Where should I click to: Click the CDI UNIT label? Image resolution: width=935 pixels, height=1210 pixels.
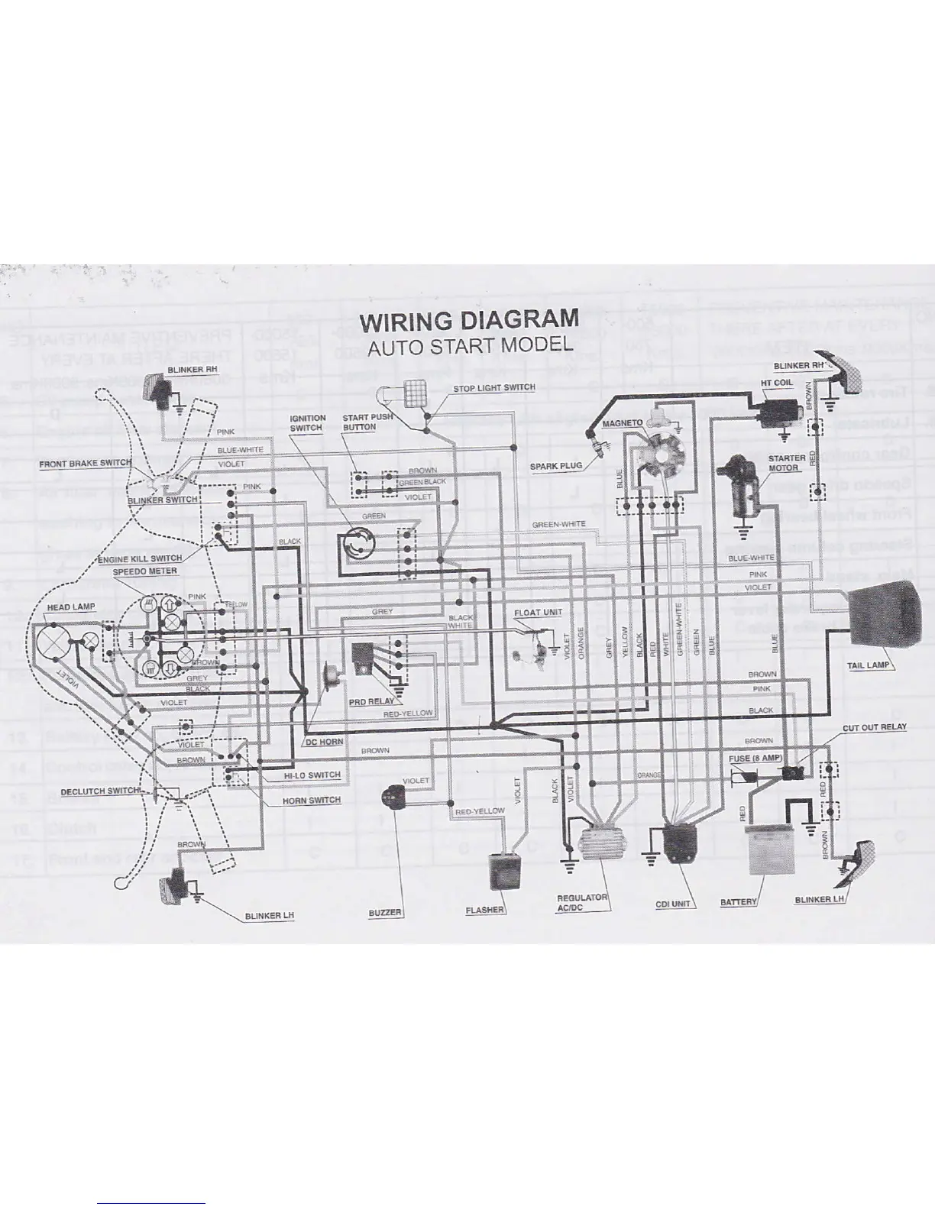(x=672, y=904)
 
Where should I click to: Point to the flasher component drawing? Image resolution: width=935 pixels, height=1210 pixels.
(x=502, y=873)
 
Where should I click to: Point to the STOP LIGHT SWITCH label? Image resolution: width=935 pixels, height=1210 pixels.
(x=494, y=388)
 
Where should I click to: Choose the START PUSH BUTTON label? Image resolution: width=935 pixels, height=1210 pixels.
(x=367, y=422)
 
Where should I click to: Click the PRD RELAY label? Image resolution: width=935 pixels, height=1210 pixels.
(x=370, y=700)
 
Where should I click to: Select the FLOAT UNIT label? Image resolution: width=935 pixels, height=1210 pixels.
(x=538, y=613)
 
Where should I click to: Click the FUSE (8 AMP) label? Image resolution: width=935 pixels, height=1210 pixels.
(x=755, y=759)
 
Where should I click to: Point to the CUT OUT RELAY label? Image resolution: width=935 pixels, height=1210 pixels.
(x=875, y=726)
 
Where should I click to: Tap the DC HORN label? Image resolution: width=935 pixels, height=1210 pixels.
(x=324, y=742)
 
